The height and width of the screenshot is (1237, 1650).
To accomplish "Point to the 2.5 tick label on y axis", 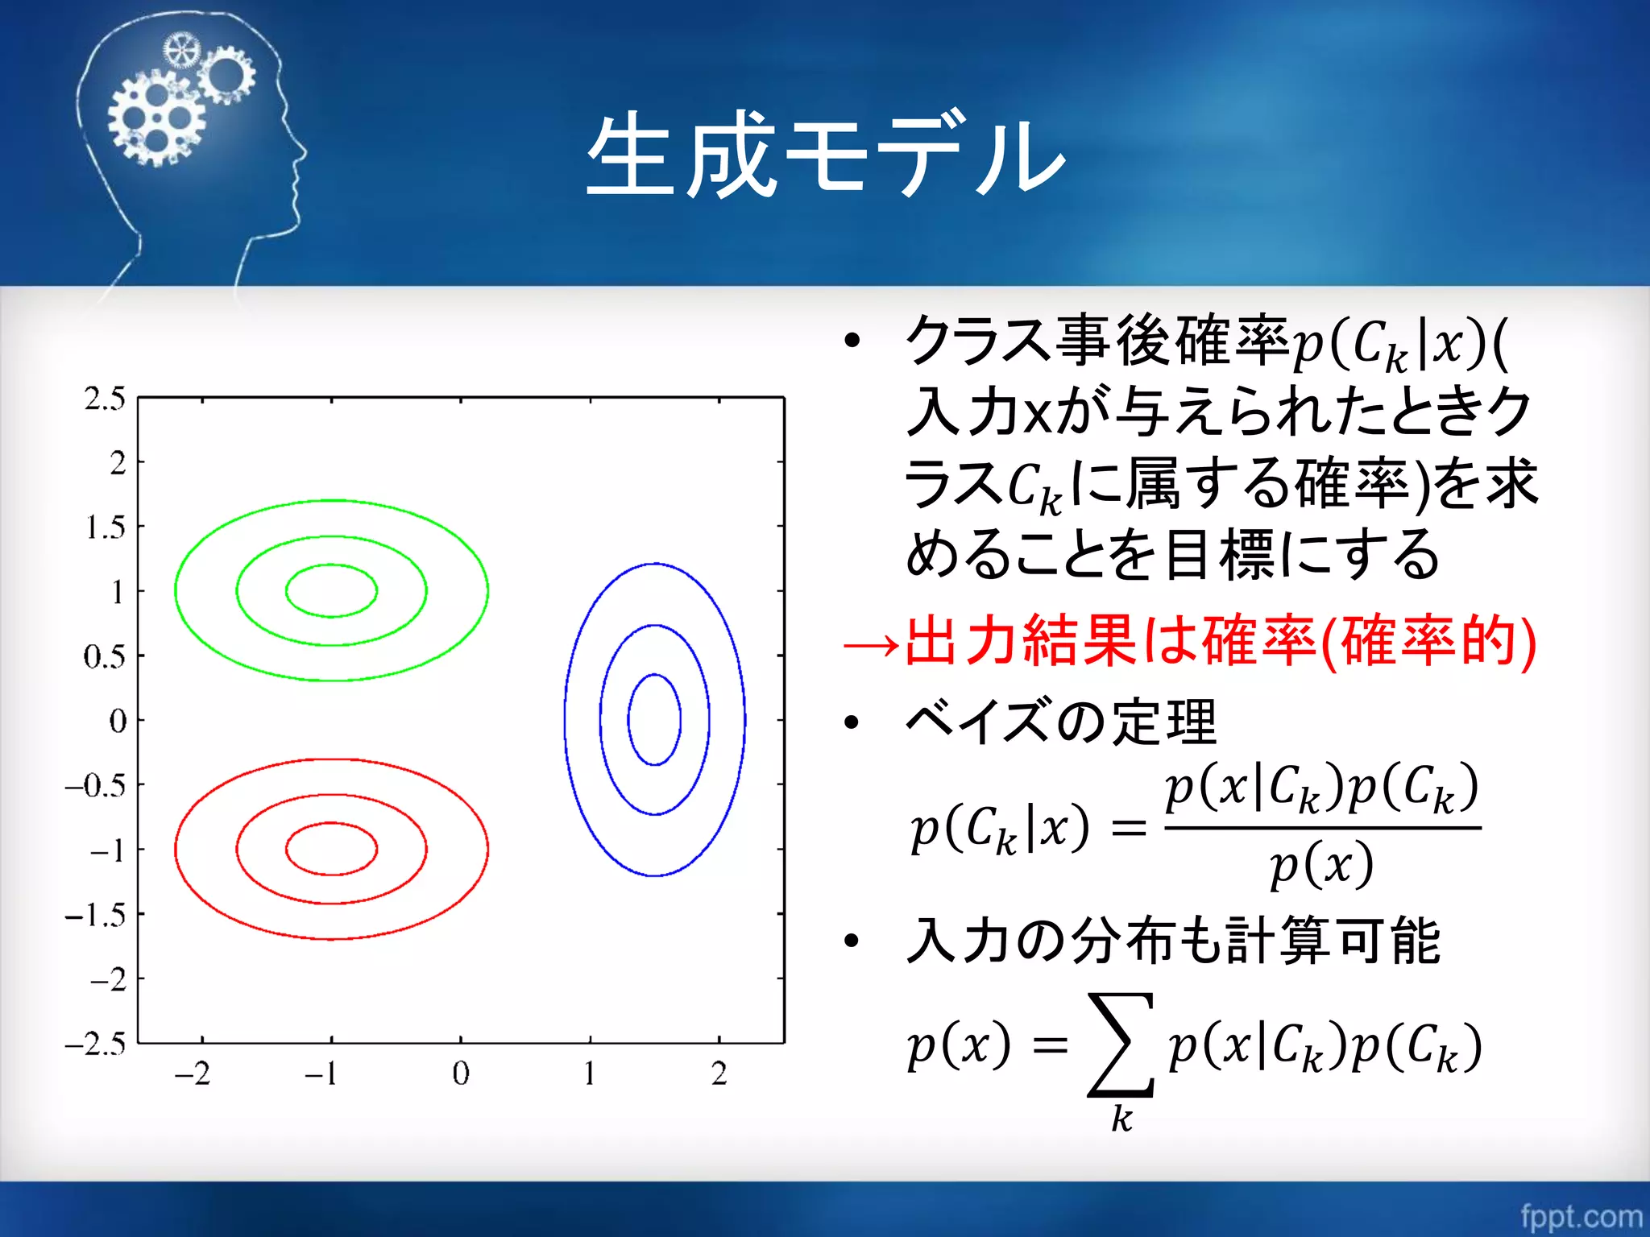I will [105, 399].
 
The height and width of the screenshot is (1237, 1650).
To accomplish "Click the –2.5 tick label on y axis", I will [96, 1044].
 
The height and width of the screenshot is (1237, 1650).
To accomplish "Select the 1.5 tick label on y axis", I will [105, 527].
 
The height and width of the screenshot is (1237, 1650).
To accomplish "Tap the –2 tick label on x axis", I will [193, 1074].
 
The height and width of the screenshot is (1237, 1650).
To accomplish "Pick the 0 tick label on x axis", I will [460, 1074].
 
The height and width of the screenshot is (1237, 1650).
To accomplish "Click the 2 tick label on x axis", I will [719, 1074].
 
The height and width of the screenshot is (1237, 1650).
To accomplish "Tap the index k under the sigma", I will [1121, 1119].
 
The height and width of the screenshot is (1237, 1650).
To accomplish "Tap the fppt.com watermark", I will [1581, 1215].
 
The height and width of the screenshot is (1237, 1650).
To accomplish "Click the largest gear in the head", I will [157, 118].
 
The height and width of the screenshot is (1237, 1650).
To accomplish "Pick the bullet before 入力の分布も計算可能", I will [852, 941].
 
